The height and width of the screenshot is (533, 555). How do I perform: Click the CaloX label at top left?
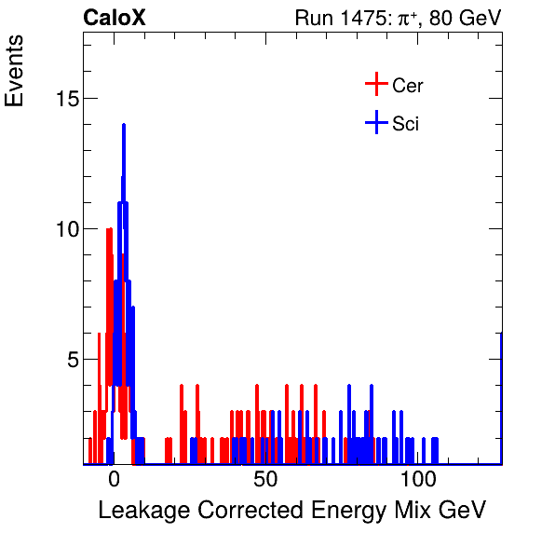tap(115, 18)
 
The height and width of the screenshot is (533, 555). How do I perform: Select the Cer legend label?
tap(408, 86)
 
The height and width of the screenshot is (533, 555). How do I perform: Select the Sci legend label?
tap(405, 123)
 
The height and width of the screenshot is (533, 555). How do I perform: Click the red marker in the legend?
tap(375, 85)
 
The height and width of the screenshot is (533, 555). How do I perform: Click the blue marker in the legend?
tap(375, 122)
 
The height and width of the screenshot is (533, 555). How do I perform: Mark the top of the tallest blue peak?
tap(123, 125)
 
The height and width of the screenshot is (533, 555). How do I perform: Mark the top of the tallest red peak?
tap(109, 229)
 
